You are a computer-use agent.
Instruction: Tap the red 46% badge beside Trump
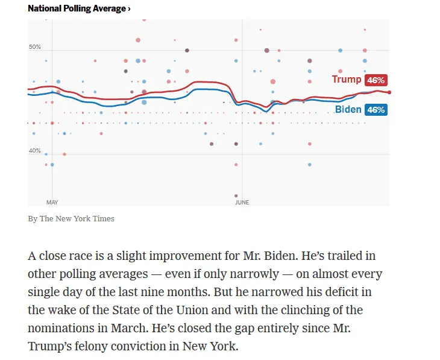(376, 80)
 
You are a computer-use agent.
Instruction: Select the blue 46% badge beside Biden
(376, 110)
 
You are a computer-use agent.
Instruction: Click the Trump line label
(347, 80)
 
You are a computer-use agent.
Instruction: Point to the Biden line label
(348, 109)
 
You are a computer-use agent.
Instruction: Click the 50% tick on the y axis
(34, 47)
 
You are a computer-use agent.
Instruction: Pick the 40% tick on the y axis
(34, 151)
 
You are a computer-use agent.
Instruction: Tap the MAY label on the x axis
(52, 203)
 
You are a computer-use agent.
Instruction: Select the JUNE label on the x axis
(242, 203)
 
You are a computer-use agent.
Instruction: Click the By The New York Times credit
(71, 218)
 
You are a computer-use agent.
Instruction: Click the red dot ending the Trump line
(390, 92)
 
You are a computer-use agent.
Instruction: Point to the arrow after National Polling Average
(129, 8)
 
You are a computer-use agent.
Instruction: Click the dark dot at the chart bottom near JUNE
(236, 196)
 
